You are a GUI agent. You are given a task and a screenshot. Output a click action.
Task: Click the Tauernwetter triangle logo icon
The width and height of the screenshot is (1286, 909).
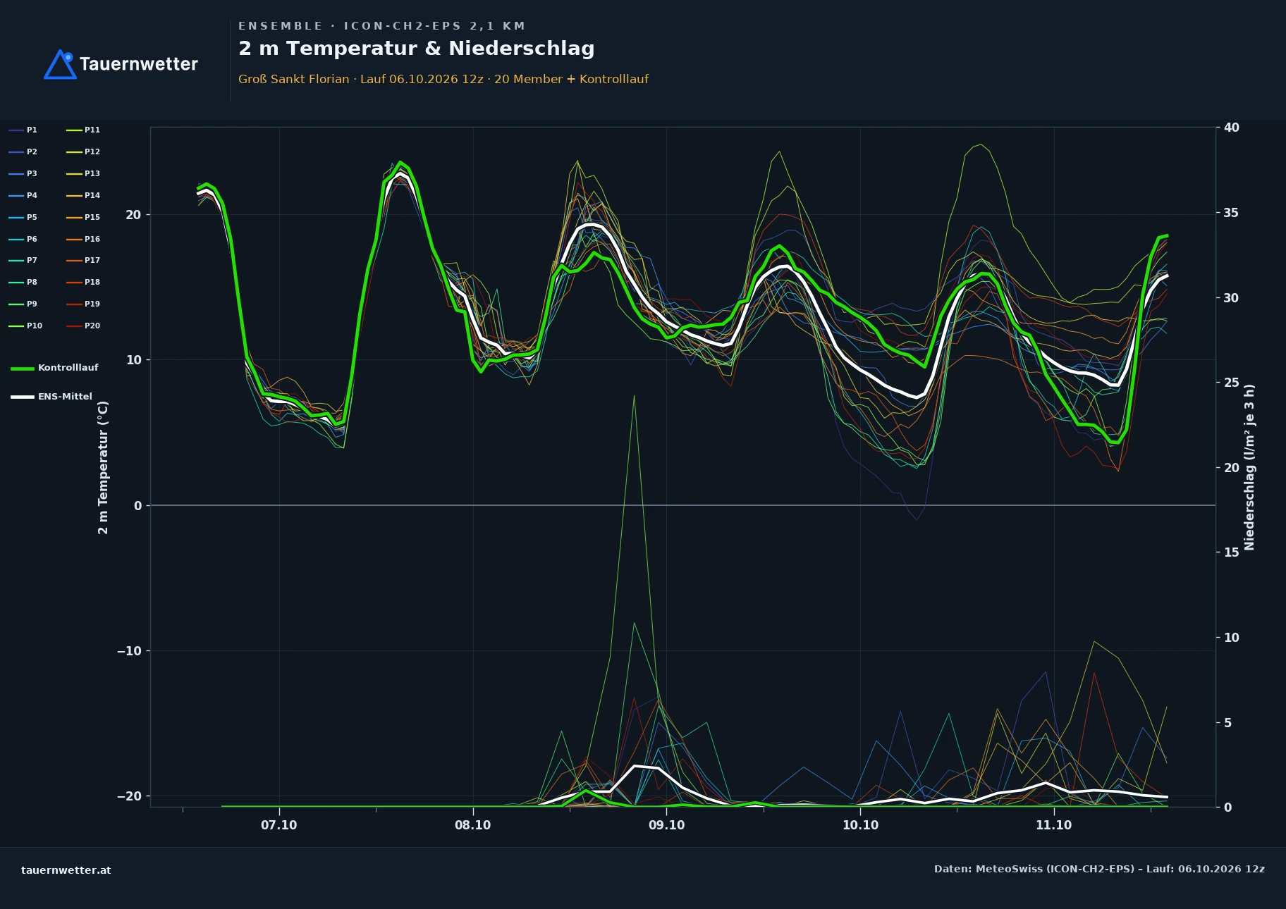pyautogui.click(x=60, y=65)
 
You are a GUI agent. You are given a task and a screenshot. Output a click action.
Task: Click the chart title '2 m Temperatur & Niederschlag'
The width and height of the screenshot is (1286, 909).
pyautogui.click(x=416, y=49)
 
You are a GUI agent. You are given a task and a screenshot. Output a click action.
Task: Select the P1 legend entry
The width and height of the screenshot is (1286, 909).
pyautogui.click(x=23, y=130)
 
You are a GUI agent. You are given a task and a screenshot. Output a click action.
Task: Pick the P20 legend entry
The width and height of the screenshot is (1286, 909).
pyautogui.click(x=83, y=326)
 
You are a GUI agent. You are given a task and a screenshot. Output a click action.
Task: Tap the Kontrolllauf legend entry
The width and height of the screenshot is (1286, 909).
pyautogui.click(x=54, y=368)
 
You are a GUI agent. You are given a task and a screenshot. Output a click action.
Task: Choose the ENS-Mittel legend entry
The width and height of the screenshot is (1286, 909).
pyautogui.click(x=51, y=397)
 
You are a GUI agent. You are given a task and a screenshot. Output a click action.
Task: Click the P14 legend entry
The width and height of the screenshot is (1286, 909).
pyautogui.click(x=83, y=195)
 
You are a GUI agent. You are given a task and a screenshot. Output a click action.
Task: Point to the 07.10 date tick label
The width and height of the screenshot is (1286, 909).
pyautogui.click(x=279, y=825)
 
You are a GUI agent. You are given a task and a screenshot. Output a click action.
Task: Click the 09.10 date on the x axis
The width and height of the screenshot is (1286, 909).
pyautogui.click(x=666, y=825)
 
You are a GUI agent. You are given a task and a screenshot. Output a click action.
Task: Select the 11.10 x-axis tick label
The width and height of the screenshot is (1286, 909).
pyautogui.click(x=1053, y=825)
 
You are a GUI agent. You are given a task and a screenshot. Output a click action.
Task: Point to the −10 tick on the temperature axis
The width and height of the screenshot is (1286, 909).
pyautogui.click(x=129, y=651)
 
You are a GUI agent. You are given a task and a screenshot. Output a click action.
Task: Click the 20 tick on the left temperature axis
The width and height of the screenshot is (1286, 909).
pyautogui.click(x=133, y=215)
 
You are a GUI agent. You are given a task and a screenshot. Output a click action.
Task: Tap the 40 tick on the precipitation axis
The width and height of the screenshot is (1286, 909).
pyautogui.click(x=1231, y=128)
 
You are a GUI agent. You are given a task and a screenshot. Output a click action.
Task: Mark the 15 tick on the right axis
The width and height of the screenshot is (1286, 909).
pyautogui.click(x=1231, y=552)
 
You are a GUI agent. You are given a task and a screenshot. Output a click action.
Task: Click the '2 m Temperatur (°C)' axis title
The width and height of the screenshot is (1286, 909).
pyautogui.click(x=103, y=467)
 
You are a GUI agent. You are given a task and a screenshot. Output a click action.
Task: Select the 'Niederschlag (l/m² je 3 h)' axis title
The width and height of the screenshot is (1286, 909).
pyautogui.click(x=1249, y=467)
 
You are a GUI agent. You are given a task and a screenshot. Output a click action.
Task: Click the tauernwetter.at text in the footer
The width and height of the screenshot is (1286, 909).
pyautogui.click(x=66, y=870)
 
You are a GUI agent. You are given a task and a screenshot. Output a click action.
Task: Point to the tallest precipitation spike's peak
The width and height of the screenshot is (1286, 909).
pyautogui.click(x=634, y=395)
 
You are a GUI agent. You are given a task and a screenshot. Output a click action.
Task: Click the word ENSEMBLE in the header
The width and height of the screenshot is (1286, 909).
pyautogui.click(x=280, y=26)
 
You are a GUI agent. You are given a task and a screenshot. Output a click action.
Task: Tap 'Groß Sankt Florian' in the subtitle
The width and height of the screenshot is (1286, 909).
pyautogui.click(x=293, y=79)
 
